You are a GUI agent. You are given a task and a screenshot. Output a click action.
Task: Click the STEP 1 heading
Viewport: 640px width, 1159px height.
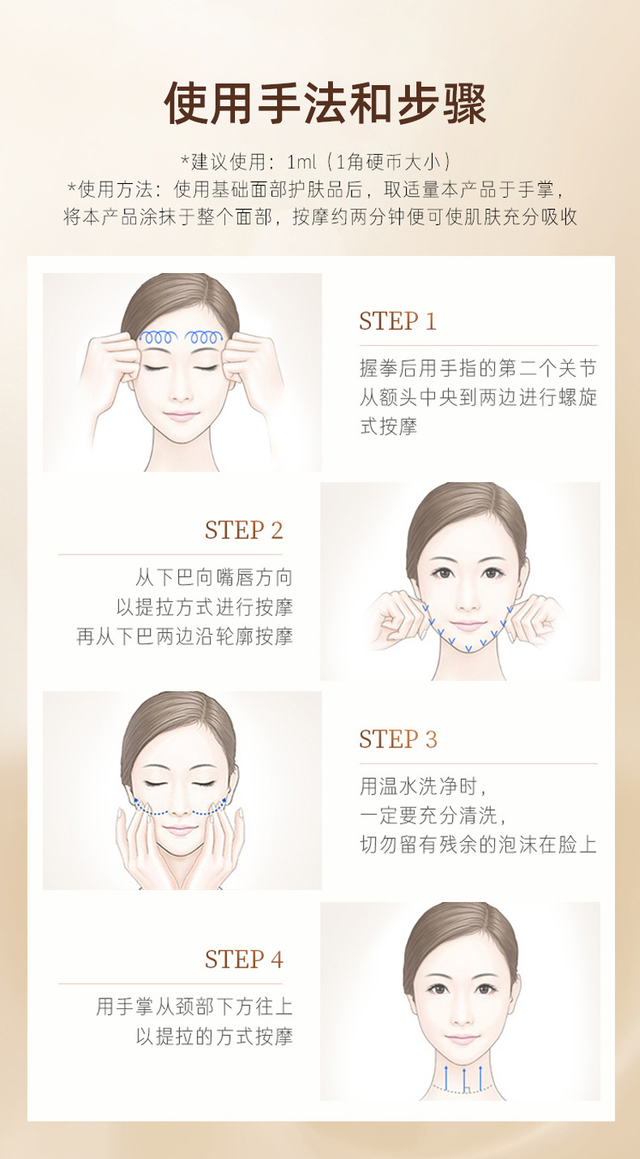click(x=398, y=321)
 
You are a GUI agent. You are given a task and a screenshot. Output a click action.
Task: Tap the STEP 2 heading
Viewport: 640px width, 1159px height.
click(x=244, y=530)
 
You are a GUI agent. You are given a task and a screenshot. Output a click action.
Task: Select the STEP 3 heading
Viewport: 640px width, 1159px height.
click(x=399, y=739)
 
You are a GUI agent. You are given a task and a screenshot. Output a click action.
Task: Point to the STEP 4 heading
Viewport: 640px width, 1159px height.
click(x=244, y=960)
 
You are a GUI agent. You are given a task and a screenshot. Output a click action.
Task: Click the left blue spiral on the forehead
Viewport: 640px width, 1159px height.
click(x=158, y=337)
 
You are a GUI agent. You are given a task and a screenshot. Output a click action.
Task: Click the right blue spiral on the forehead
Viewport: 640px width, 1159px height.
click(x=204, y=337)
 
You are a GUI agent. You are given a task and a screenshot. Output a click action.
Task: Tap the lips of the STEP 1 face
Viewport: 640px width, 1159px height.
click(x=181, y=416)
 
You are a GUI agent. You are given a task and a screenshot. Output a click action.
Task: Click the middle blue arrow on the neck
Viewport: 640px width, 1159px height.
click(x=464, y=1078)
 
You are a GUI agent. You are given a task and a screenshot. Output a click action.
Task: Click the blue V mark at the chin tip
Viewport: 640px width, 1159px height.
click(x=468, y=648)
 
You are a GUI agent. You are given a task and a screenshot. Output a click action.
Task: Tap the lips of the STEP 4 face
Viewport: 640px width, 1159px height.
click(x=462, y=1039)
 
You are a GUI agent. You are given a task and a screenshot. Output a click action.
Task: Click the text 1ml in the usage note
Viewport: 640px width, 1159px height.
click(x=301, y=162)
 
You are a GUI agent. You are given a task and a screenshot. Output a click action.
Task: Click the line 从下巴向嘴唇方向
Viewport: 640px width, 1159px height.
click(x=214, y=577)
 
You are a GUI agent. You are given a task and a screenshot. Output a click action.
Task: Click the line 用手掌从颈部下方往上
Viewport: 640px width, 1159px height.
click(x=194, y=1007)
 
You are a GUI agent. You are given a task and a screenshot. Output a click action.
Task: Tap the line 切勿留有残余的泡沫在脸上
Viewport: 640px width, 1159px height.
click(x=479, y=845)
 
